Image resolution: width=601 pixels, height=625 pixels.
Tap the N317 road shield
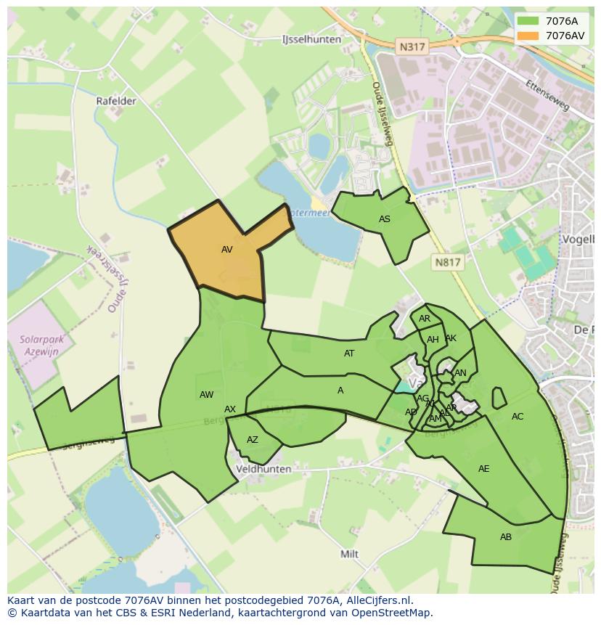click(412, 46)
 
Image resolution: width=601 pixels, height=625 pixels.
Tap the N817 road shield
click(448, 262)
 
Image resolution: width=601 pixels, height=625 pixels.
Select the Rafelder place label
click(116, 101)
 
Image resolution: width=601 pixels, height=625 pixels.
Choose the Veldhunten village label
click(263, 469)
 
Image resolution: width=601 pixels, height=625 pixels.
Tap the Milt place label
click(350, 554)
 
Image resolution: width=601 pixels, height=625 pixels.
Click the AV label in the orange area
click(227, 250)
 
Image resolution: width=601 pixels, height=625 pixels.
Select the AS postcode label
click(385, 219)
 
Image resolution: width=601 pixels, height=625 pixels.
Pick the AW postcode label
click(207, 395)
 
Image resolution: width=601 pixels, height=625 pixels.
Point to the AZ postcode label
click(253, 440)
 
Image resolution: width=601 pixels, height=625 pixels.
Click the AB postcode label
click(506, 537)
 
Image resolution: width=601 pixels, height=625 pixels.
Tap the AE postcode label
click(484, 469)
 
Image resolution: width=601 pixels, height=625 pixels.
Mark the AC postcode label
click(518, 417)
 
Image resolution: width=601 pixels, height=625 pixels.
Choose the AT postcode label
click(349, 354)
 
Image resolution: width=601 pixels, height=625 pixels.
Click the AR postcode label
click(425, 319)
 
